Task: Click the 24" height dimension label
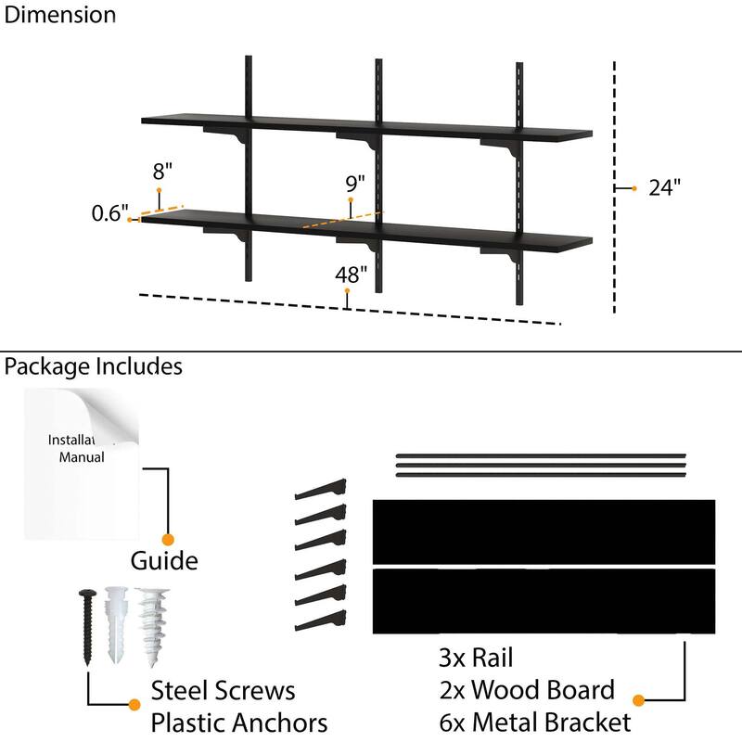click(665, 187)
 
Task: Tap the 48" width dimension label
click(352, 274)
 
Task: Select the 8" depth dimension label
click(163, 172)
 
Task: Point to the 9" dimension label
click(355, 182)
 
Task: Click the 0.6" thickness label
click(109, 214)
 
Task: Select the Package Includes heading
click(93, 366)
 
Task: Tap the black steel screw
click(87, 626)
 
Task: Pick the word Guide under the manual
click(163, 561)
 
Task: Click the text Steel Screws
click(223, 691)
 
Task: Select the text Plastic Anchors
click(239, 722)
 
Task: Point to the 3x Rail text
click(476, 659)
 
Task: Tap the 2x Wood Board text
click(526, 690)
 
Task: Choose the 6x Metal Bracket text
click(535, 722)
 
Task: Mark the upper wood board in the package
click(544, 531)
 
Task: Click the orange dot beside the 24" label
click(634, 188)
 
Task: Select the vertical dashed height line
click(614, 185)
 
